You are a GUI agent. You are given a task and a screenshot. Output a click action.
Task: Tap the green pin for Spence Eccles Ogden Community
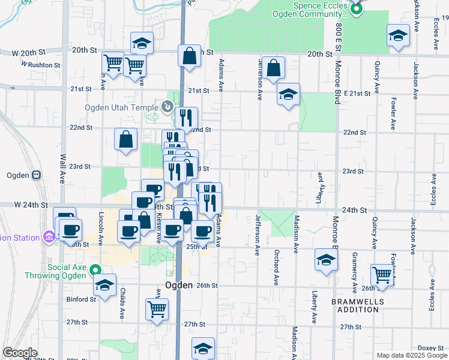tap(356, 8)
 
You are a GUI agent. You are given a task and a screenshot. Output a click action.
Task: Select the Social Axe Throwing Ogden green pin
tap(95, 271)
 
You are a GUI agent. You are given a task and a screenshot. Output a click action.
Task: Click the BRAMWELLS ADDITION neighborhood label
tap(355, 305)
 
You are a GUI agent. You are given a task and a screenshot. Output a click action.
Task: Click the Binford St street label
tap(81, 299)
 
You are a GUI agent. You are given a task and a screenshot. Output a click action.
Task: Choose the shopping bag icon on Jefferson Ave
tap(274, 69)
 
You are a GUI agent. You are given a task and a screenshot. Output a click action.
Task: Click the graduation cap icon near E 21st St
tap(289, 95)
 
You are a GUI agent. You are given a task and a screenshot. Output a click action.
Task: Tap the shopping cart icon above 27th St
tap(157, 310)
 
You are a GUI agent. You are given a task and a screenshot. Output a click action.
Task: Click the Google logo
tap(20, 353)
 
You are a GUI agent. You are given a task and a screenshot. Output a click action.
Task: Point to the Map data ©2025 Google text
tap(412, 355)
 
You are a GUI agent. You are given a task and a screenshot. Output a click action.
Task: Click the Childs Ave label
tap(122, 305)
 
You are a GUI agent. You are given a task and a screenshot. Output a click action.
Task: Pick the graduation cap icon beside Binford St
tap(104, 286)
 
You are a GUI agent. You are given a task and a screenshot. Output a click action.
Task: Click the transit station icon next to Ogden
tap(37, 175)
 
